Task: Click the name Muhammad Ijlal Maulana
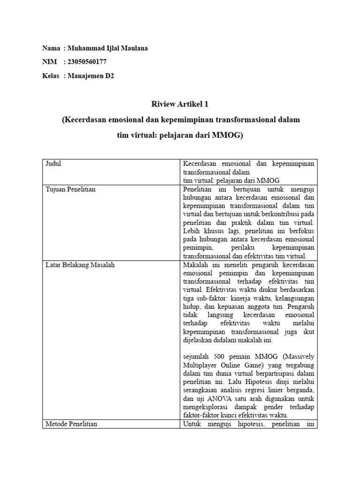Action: tap(107, 48)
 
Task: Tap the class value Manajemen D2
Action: tap(90, 75)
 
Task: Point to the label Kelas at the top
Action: tap(50, 75)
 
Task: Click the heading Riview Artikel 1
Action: tap(180, 104)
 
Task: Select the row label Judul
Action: tap(53, 164)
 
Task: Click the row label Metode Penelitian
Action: tap(71, 424)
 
